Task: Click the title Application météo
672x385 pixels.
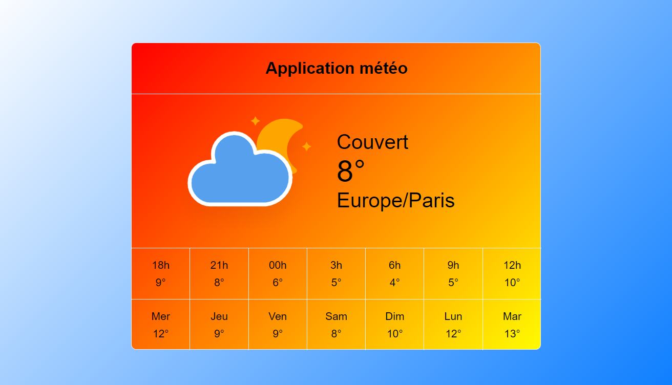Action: [336, 68]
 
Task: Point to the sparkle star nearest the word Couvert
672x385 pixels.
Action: [307, 146]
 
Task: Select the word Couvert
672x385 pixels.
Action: [372, 142]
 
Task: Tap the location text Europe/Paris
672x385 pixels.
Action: [395, 200]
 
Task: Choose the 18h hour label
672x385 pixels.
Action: [160, 265]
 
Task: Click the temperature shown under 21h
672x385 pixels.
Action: [219, 283]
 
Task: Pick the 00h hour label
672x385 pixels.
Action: [278, 265]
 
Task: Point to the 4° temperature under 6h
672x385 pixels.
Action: [394, 283]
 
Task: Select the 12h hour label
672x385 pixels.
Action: [512, 265]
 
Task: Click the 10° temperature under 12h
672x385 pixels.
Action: [512, 283]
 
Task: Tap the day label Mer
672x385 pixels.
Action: [160, 316]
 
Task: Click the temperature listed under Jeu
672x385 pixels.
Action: [219, 334]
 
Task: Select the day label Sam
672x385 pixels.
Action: [336, 316]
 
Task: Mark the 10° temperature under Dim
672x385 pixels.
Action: [394, 334]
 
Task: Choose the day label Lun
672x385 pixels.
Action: [453, 316]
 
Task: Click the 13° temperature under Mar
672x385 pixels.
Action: [512, 334]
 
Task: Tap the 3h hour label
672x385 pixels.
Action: [336, 265]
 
